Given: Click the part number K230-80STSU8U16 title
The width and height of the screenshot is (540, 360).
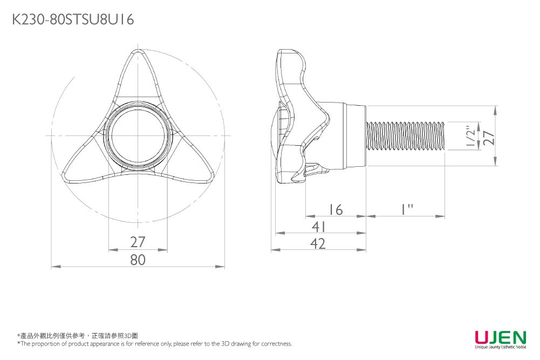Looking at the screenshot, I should tap(72, 20).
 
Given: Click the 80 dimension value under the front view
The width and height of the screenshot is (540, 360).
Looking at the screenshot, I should tap(138, 260).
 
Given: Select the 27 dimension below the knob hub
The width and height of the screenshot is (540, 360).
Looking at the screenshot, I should tap(138, 242).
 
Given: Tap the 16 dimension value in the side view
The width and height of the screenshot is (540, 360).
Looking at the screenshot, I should tap(336, 209).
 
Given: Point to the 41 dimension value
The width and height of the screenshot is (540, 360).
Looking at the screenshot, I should tap(319, 227).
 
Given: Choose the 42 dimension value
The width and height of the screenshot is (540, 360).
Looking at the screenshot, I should tap(319, 244).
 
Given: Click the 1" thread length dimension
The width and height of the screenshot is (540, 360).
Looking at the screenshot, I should tap(406, 209).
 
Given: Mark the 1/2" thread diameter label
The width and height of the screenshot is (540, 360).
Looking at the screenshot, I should tap(472, 137).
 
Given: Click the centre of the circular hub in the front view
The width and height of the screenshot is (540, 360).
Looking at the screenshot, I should tap(138, 135).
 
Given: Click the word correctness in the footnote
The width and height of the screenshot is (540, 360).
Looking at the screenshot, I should tap(277, 344).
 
